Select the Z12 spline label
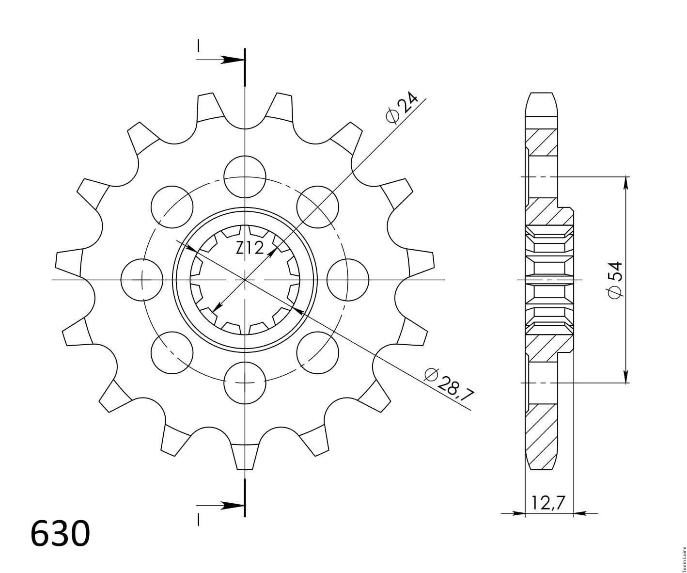[x=250, y=248]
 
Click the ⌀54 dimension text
[x=615, y=280]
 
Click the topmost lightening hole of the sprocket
[x=245, y=177]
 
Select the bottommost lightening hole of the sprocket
[x=245, y=382]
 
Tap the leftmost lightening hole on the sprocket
[x=142, y=280]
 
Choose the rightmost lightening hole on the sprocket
[x=348, y=280]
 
